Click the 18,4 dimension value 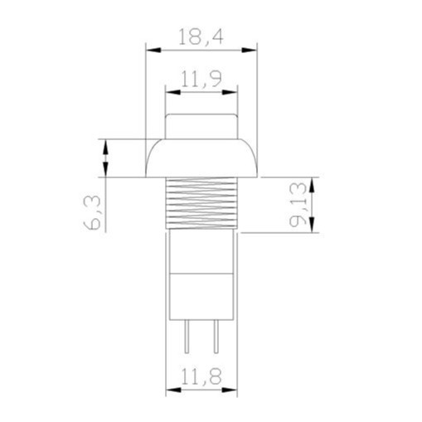click(201, 36)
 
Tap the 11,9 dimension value click(201, 79)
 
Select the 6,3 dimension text click(92, 212)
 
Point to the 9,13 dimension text click(298, 205)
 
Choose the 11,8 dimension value click(201, 376)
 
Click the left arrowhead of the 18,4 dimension click(153, 51)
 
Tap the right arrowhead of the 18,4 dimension click(250, 51)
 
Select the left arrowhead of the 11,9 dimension click(172, 92)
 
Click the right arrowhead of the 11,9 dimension click(230, 92)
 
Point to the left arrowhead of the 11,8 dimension click(173, 390)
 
